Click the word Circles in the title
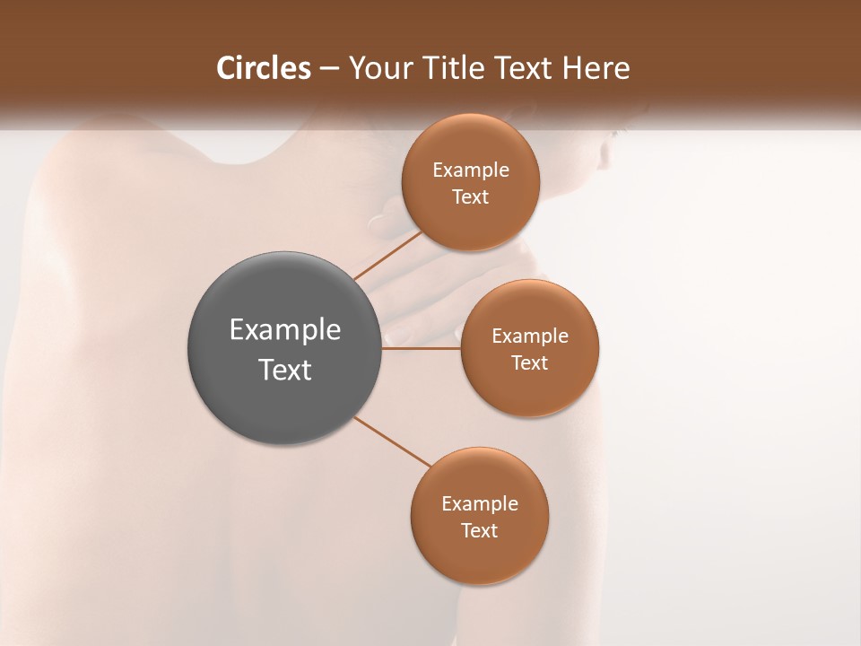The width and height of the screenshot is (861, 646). pos(264,68)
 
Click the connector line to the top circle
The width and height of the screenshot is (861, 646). pos(387,255)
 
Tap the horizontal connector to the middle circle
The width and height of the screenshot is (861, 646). pos(422,347)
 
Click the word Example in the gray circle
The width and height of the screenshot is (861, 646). pos(285,330)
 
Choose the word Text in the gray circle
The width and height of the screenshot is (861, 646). pos(285,370)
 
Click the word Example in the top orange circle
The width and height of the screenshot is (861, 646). pos(470,170)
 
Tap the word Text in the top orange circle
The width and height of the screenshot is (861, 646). pos(470,197)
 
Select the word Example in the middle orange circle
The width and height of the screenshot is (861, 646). pos(529,336)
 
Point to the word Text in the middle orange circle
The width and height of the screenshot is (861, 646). pos(529,363)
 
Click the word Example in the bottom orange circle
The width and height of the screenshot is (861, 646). pos(479,504)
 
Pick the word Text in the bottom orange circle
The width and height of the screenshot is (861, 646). pos(479,531)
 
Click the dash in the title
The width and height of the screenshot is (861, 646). pos(329,69)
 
